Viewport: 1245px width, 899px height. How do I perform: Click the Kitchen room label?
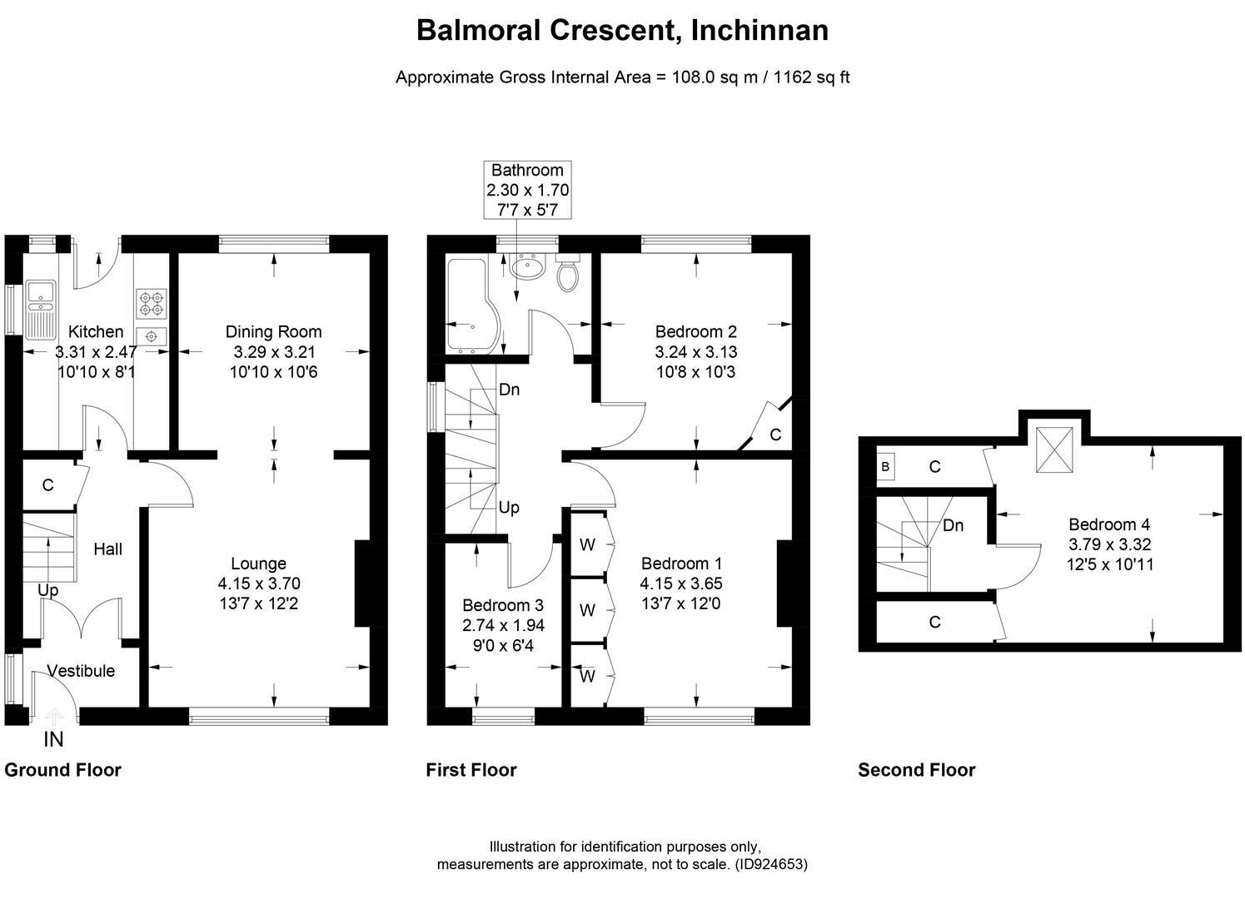(96, 332)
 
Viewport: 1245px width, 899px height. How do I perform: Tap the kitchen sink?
(39, 308)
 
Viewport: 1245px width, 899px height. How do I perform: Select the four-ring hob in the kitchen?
(152, 302)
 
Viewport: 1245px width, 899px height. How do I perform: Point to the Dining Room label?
(273, 332)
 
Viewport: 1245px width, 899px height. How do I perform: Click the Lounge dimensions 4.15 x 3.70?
(258, 584)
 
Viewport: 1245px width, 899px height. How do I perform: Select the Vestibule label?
(81, 671)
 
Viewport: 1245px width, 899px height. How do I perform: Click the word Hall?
(108, 549)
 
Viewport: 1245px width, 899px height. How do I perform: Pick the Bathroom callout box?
(528, 190)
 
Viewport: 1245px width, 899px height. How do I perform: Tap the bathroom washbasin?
(527, 267)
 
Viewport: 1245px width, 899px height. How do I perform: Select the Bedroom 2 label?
(695, 332)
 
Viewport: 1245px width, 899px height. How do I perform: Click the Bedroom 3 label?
(503, 605)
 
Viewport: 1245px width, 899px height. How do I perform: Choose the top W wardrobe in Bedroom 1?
(588, 545)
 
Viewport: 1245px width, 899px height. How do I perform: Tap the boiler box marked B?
(885, 467)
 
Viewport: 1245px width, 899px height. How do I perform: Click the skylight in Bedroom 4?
(1055, 454)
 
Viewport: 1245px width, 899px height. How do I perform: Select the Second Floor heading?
(916, 770)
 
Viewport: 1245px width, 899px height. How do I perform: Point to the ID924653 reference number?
(772, 864)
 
